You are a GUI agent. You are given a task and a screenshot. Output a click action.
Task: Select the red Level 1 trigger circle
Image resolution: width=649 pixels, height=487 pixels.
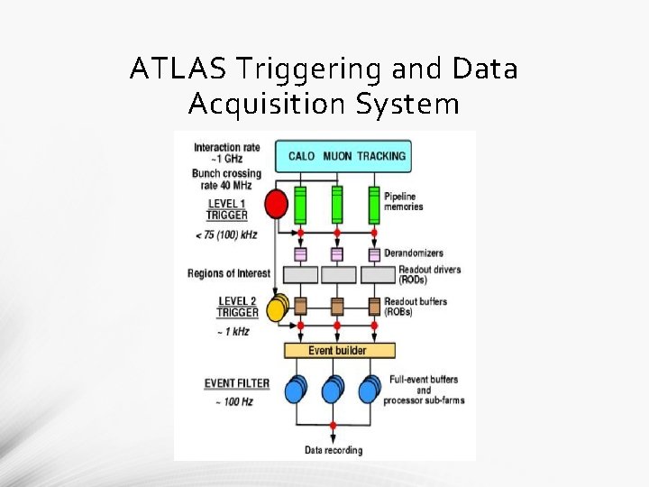coord(277,205)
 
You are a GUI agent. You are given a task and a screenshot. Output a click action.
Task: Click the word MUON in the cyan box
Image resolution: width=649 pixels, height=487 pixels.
coord(336,156)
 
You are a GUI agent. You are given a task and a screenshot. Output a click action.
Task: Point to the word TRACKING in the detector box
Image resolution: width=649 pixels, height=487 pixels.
coord(381,156)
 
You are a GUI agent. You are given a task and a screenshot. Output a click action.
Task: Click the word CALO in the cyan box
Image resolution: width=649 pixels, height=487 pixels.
coord(301,156)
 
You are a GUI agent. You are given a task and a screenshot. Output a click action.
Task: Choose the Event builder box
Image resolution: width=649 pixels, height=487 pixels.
coord(338,350)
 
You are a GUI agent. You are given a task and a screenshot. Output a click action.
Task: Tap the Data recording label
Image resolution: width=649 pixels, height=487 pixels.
coord(333,450)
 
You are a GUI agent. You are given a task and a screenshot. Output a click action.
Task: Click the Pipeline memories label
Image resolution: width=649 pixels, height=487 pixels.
coord(403,201)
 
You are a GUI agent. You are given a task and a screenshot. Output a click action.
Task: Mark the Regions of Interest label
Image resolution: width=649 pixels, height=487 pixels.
coord(229,273)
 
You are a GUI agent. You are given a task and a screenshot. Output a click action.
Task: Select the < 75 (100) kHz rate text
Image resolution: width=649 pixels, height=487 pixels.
coord(225,234)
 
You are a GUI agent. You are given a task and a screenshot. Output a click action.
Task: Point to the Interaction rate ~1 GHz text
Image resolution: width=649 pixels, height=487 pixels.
coord(228,153)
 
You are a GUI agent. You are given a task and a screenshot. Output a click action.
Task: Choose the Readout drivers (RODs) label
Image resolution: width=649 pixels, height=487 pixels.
coord(422,274)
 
